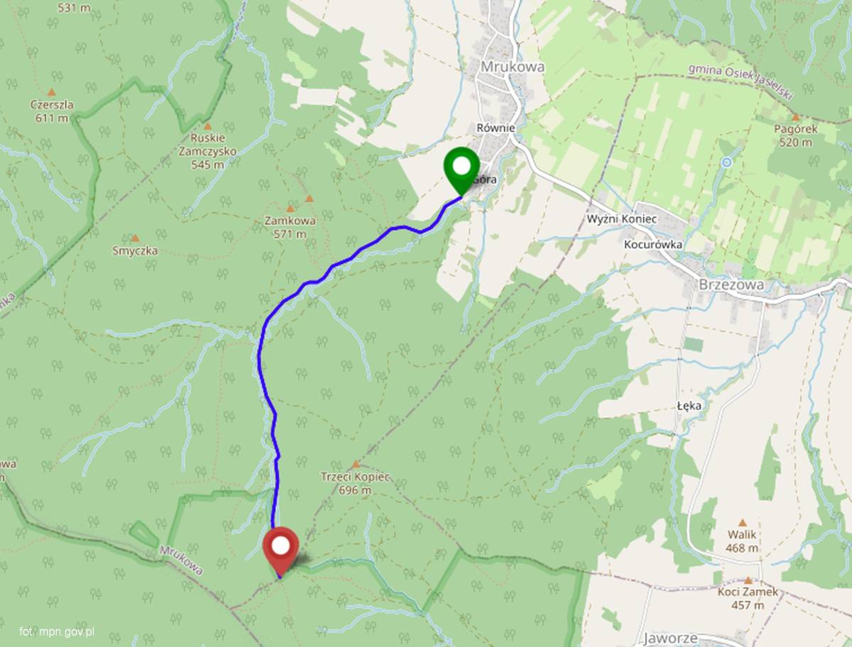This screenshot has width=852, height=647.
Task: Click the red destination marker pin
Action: pos(281,548)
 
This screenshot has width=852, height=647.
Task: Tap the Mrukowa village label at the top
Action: pos(513,66)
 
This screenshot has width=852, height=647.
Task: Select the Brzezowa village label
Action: pos(731,284)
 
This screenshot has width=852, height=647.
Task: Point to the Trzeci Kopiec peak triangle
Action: pos(356,465)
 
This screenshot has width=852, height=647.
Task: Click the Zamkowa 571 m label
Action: pos(290,227)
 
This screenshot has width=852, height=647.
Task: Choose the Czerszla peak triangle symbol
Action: pos(51,92)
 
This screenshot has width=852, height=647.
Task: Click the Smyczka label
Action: pos(135,250)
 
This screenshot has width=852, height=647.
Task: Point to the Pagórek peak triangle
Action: pos(795,117)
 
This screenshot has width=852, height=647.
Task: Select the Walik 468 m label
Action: pos(743,541)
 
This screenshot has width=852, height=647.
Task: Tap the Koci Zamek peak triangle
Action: pos(748,580)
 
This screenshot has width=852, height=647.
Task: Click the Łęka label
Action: pos(689,406)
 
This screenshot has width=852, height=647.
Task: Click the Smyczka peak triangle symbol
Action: pos(135,238)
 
